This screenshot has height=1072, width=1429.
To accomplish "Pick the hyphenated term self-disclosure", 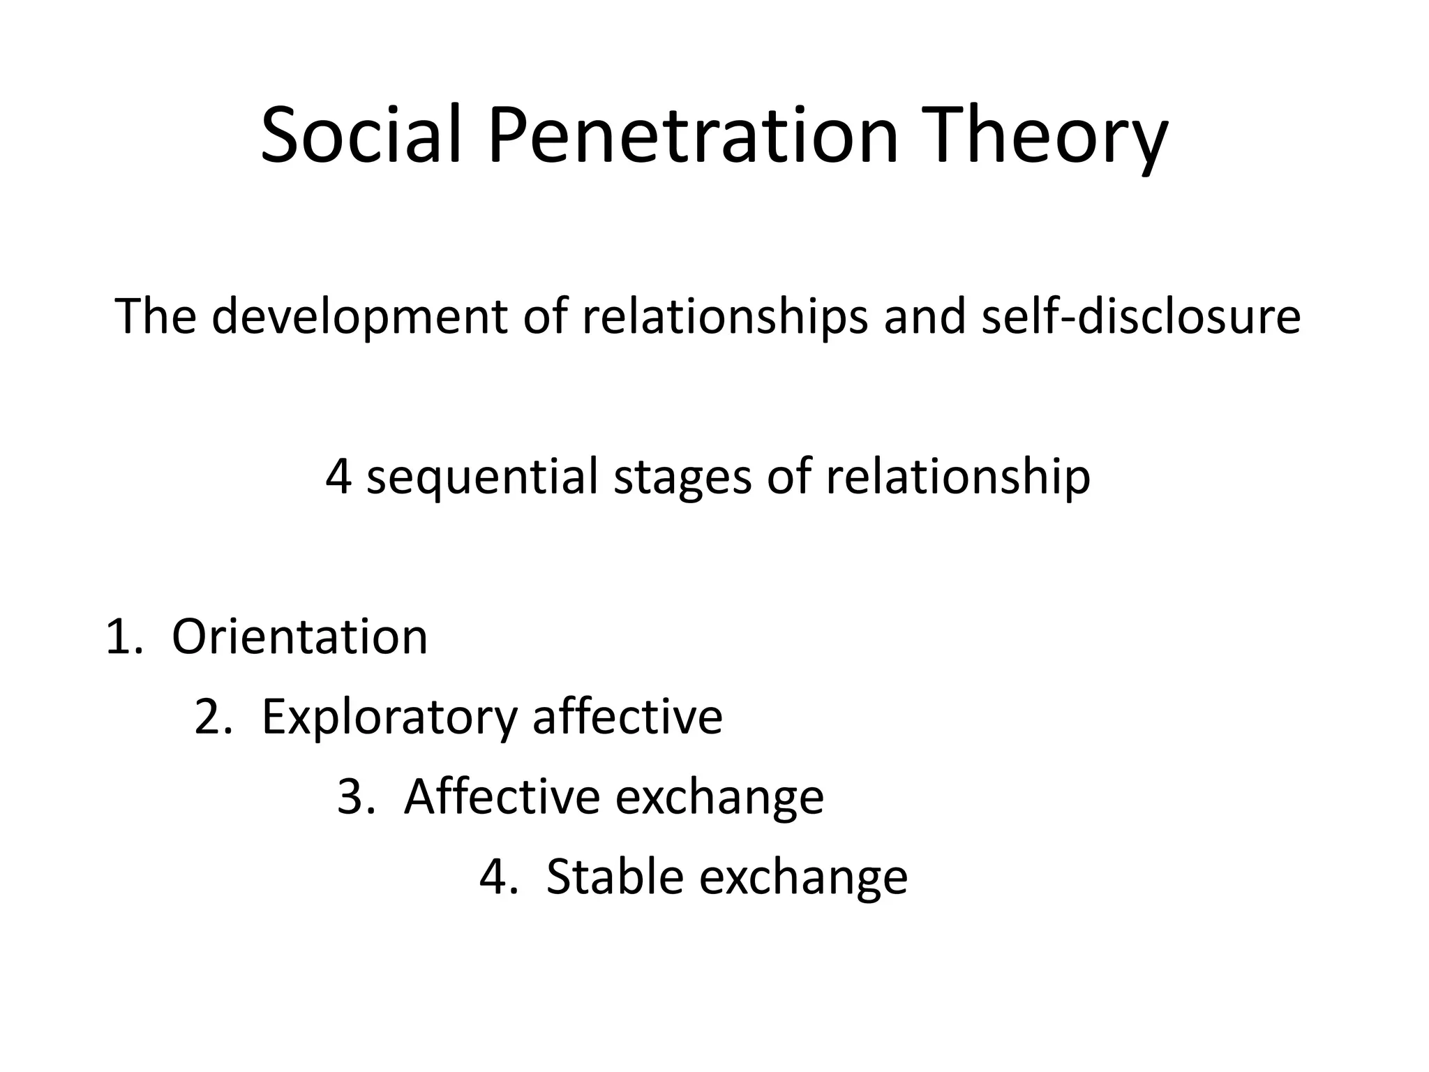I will coord(1140,316).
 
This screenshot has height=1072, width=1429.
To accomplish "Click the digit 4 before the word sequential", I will coord(338,477).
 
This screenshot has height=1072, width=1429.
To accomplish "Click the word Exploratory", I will coord(389,717).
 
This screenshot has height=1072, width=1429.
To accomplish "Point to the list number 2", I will coord(210,717).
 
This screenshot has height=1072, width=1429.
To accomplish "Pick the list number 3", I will coord(353,798).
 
